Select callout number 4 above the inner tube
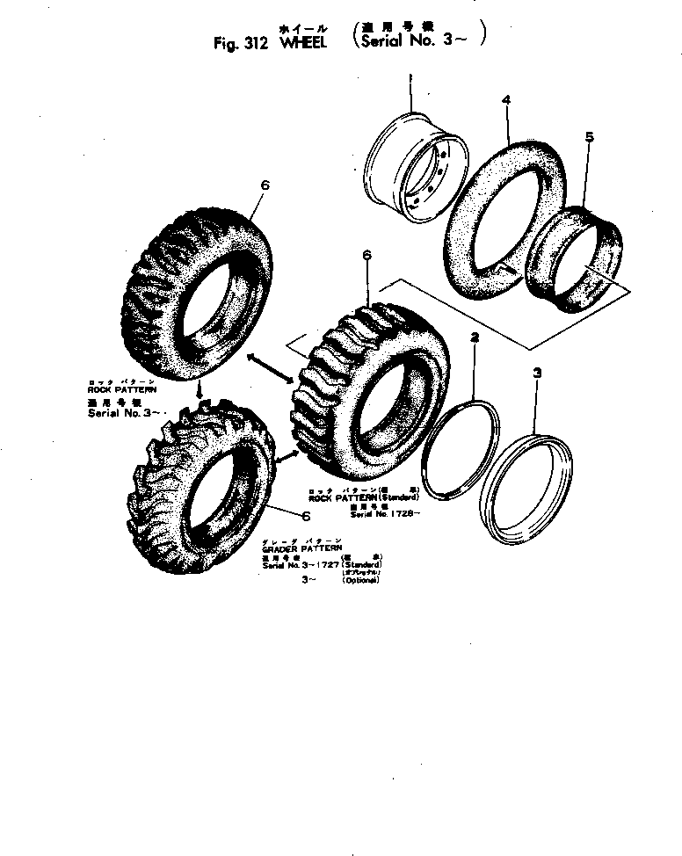[x=506, y=101]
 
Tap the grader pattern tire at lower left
[x=207, y=475]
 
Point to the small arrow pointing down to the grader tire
[x=201, y=388]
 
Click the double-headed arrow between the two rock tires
[x=272, y=367]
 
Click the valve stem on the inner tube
[x=502, y=265]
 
